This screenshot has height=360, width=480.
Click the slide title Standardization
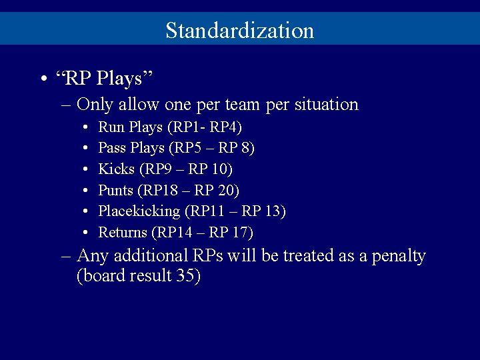point(239,31)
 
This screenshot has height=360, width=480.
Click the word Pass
point(112,147)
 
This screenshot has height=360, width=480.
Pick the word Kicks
point(115,169)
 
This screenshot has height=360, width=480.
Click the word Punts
point(116,190)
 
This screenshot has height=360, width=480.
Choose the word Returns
point(123,233)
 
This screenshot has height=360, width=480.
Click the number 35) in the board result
point(189,276)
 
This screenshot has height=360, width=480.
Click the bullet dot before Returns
point(87,233)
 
